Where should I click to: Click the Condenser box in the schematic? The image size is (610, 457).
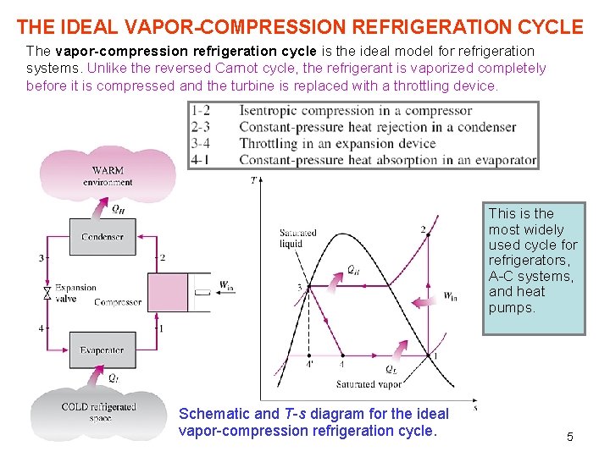click(102, 237)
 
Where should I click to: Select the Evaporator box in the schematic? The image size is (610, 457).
click(102, 350)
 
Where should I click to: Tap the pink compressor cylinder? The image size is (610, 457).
click(167, 292)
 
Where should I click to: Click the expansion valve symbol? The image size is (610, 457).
click(47, 293)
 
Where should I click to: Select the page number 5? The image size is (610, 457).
click(570, 437)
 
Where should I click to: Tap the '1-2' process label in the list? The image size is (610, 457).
click(201, 111)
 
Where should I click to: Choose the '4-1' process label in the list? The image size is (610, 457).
click(201, 159)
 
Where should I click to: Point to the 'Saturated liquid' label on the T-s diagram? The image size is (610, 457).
click(297, 238)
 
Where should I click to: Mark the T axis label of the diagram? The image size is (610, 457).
click(253, 180)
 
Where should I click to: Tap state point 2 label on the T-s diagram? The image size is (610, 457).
click(423, 229)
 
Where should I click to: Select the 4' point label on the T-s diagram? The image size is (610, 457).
click(309, 365)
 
